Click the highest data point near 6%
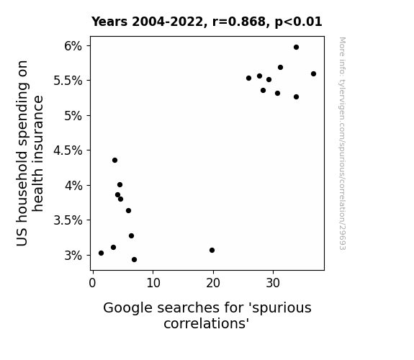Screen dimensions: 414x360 coord(296,48)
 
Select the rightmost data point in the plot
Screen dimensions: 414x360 coord(313,74)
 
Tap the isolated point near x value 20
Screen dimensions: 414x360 coord(212,250)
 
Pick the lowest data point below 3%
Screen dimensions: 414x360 coord(134,260)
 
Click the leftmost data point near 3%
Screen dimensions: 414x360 coord(101,253)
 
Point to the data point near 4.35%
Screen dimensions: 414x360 coord(114,161)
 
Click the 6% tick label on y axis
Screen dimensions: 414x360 coord(73,46)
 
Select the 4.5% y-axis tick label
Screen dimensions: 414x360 coord(68,150)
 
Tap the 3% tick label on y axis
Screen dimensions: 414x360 coord(73,256)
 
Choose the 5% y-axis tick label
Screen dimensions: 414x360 coord(73,116)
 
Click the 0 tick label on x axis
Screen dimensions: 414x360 coord(92,283)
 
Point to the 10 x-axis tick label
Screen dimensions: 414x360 coord(153,283)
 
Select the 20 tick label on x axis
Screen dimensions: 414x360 coord(213,283)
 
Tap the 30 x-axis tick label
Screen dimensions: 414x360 coord(273,283)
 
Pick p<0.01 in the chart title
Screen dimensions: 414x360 coord(298,22)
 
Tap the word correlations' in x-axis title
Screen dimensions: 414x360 coord(207,323)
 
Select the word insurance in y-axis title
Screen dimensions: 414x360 coord(37,153)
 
